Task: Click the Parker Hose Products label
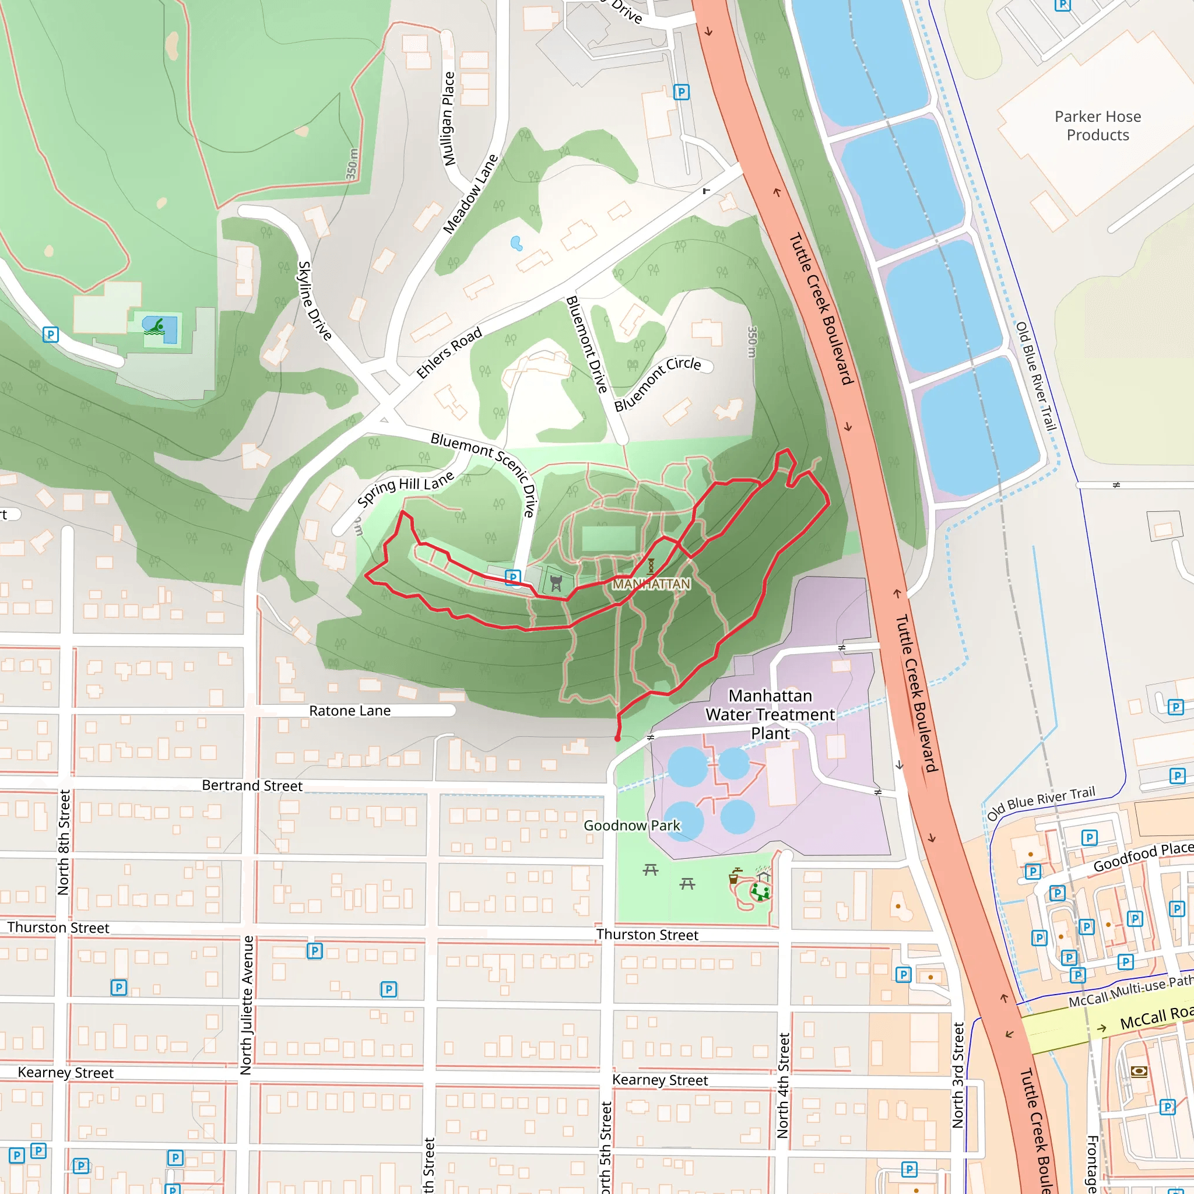pos(1098,125)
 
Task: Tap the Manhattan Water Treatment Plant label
pos(770,714)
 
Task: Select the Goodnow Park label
pos(631,826)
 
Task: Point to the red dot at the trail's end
pos(617,739)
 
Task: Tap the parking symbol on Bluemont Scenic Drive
pos(512,577)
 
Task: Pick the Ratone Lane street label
pos(350,711)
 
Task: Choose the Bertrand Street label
pos(252,785)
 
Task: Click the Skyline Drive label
pos(315,300)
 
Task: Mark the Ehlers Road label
pos(449,353)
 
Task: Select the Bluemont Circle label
pos(657,383)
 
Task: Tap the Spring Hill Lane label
pos(405,488)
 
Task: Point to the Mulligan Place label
pos(449,119)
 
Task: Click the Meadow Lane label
pos(471,194)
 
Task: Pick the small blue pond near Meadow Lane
pos(517,244)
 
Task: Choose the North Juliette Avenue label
pos(247,1005)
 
